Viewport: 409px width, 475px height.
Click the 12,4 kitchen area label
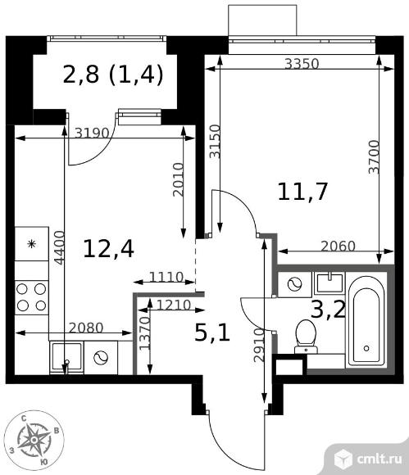[108, 249]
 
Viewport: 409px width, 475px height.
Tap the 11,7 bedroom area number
[302, 192]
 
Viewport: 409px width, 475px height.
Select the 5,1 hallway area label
[212, 332]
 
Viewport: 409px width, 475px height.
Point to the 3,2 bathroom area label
[328, 310]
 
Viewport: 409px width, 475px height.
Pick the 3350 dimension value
[302, 64]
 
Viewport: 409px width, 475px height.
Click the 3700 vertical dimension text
[374, 156]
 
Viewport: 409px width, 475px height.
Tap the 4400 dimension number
[59, 248]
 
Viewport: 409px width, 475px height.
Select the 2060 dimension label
[338, 246]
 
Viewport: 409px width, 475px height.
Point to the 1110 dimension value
[166, 277]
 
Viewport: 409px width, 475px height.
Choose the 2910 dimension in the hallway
[260, 345]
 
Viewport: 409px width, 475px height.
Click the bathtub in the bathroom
[366, 321]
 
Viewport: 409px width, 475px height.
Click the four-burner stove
[31, 297]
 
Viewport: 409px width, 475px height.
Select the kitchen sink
[66, 357]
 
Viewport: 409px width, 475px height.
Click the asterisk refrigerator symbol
[31, 243]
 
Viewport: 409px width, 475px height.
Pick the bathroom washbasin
[329, 283]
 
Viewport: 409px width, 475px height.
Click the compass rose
[34, 440]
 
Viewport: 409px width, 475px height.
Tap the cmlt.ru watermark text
[379, 459]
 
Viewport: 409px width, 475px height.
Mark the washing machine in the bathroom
[295, 284]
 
